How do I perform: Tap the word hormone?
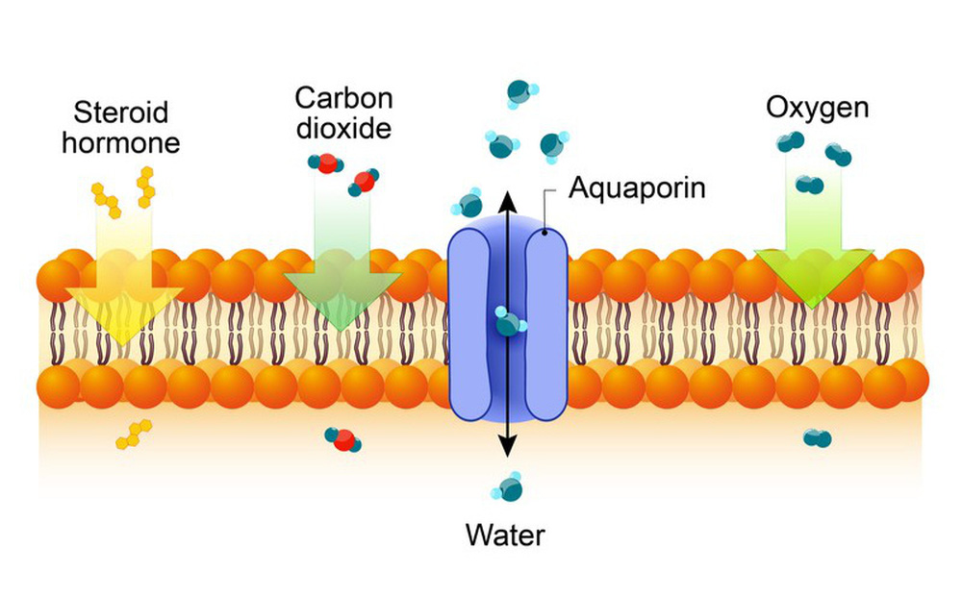126,143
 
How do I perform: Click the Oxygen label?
817,107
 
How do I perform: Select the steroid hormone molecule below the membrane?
132,435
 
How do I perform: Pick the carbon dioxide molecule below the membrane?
342,439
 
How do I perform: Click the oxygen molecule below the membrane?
817,439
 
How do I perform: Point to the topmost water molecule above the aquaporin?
520,92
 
